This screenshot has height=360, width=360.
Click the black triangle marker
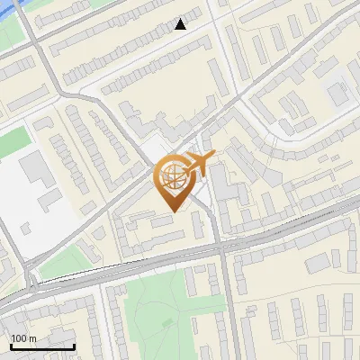tap(181, 24)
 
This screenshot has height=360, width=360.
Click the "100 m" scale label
tap(23, 338)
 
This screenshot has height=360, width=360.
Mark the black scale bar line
tap(41, 346)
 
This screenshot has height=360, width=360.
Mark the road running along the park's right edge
tap(225, 306)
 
